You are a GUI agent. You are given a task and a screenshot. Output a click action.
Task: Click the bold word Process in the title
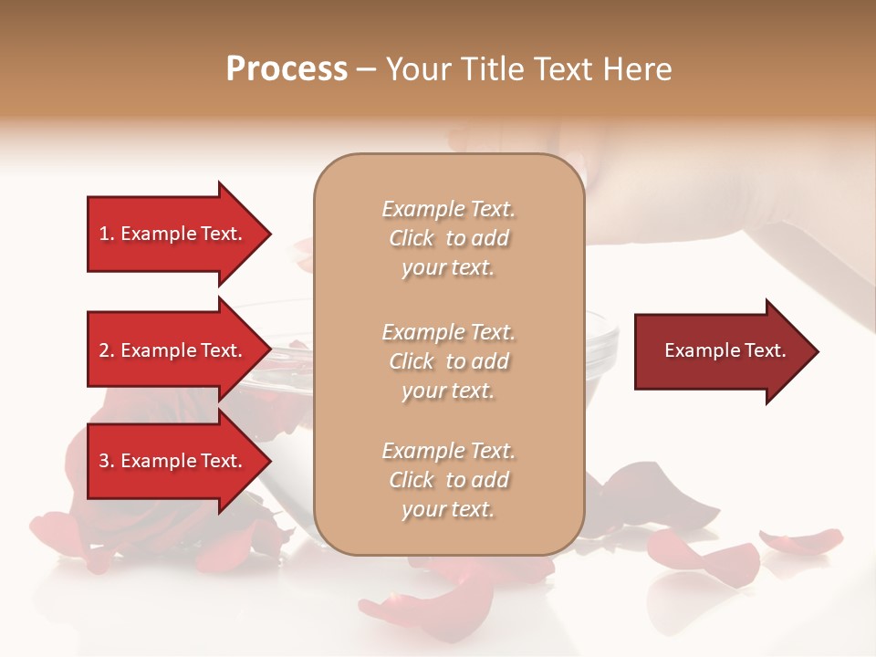287,69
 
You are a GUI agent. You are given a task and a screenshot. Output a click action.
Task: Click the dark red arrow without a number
721,350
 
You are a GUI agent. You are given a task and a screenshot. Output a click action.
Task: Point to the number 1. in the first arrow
107,234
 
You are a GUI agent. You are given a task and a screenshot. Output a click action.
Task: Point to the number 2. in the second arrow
107,350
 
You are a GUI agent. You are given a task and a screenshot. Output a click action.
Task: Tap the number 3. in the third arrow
107,461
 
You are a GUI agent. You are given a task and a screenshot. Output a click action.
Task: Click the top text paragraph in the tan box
448,238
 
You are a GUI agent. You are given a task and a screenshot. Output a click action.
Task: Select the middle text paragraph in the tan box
448,361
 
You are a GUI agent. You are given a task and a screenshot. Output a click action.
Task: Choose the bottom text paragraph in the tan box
448,480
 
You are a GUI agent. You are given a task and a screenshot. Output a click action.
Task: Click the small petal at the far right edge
803,540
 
